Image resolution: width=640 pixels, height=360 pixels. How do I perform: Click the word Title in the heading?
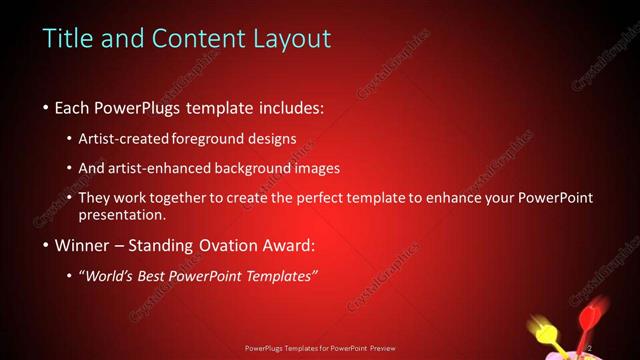(x=64, y=39)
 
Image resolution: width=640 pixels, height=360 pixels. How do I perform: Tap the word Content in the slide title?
(x=190, y=39)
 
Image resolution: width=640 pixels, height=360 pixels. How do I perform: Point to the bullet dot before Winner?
(x=47, y=244)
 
